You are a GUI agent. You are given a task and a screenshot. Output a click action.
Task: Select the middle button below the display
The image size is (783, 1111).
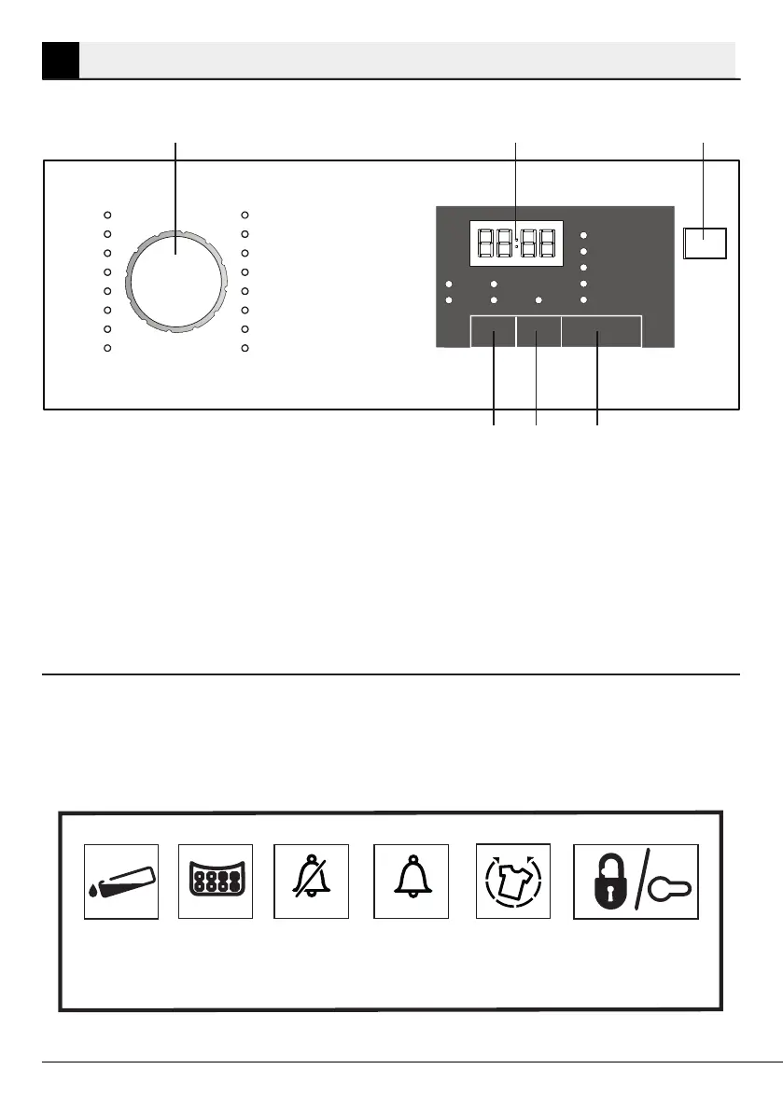click(x=538, y=331)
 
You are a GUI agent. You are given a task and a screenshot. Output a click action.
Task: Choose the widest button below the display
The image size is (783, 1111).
click(x=601, y=331)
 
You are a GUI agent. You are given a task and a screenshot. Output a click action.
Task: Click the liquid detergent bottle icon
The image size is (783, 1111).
click(x=121, y=882)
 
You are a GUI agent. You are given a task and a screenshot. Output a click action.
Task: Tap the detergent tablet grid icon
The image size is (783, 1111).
click(x=216, y=882)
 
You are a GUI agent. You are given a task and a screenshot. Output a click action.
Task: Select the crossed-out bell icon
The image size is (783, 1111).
click(x=311, y=882)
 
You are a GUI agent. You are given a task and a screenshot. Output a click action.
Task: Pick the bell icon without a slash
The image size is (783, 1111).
click(x=412, y=882)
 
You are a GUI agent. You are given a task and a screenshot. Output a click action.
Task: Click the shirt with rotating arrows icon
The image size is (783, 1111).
click(x=513, y=882)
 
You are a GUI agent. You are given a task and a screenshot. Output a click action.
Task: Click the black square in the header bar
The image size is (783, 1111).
click(x=61, y=60)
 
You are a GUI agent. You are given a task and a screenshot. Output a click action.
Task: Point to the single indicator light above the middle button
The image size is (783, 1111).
click(x=538, y=300)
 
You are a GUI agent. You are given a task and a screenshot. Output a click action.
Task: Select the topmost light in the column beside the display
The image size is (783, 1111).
click(x=583, y=236)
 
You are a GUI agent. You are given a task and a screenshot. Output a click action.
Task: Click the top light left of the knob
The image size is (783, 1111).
click(x=107, y=214)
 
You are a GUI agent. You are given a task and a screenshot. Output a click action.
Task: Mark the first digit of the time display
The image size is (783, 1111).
click(x=483, y=244)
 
